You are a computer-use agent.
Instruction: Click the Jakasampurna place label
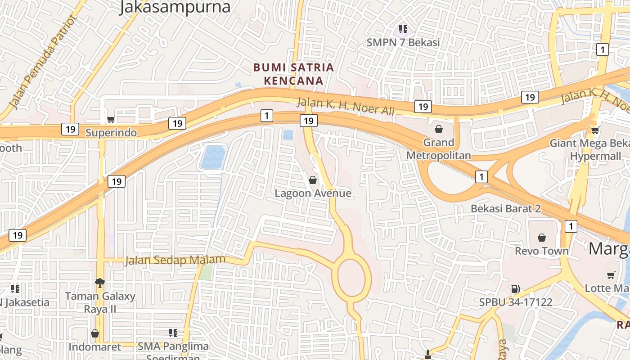[x=175, y=7]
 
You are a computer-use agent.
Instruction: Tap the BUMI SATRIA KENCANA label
[x=293, y=74]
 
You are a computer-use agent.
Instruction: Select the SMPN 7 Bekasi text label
[x=403, y=43]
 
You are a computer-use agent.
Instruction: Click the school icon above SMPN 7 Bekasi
[x=403, y=30]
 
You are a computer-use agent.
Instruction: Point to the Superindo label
[x=111, y=133]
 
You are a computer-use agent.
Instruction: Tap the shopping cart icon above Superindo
[x=111, y=119]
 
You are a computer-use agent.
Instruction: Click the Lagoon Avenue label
[x=313, y=193]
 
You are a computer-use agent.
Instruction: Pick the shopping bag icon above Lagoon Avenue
[x=313, y=180]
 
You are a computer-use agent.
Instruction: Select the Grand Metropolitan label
[x=439, y=149]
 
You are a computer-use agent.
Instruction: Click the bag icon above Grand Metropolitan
[x=439, y=130]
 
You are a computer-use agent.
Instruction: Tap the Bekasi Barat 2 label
[x=505, y=209]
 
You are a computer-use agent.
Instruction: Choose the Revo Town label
[x=542, y=251]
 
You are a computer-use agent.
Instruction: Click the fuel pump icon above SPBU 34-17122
[x=515, y=289]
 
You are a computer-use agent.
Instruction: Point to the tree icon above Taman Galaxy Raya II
[x=100, y=283]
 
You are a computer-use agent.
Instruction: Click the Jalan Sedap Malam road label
[x=175, y=260]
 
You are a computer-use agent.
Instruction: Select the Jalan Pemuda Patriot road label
[x=43, y=62]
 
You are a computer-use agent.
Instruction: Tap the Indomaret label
[x=95, y=347]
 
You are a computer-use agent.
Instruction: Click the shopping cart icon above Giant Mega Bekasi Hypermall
[x=595, y=130]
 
